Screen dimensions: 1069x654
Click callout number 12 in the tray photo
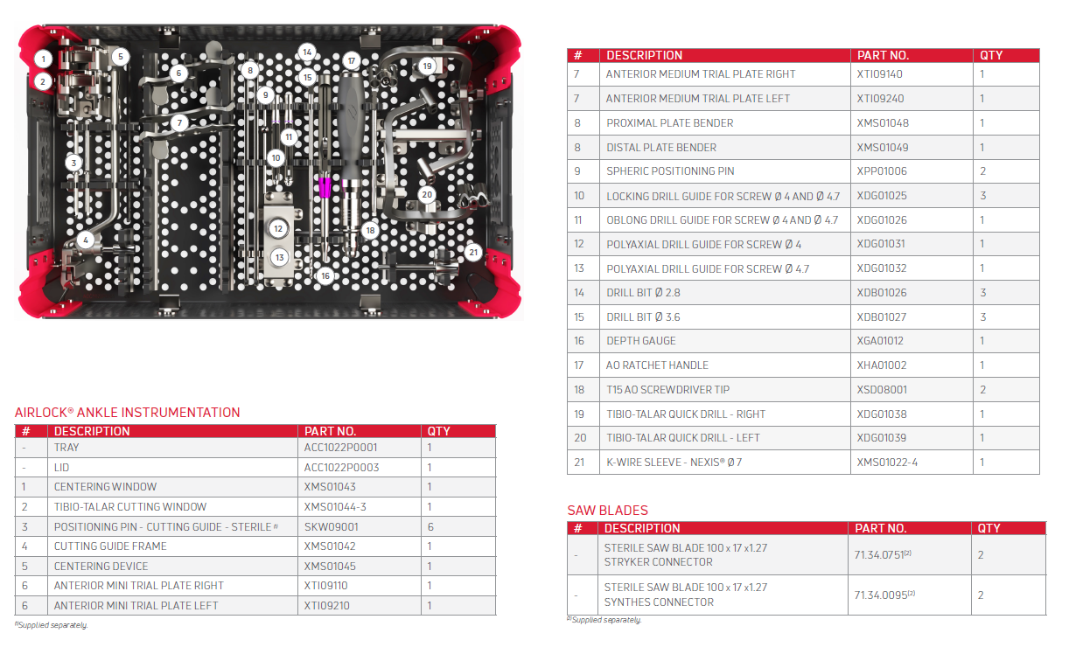coord(278,228)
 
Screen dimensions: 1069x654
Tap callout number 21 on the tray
coord(473,253)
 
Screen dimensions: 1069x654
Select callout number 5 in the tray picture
coord(120,57)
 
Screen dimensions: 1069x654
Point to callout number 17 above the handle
coord(352,61)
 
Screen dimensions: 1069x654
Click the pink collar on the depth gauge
coord(325,187)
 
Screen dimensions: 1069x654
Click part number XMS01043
coord(330,487)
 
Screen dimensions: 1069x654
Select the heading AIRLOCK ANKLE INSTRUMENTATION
coord(128,413)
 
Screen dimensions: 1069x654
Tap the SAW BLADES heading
coord(607,511)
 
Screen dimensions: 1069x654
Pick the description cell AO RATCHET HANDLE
coord(657,365)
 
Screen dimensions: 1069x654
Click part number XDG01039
coord(882,438)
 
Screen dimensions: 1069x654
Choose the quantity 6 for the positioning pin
coord(430,527)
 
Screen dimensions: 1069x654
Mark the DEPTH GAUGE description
coord(641,341)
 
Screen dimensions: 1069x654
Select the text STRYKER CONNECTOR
coord(658,562)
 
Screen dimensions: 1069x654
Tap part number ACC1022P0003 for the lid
coord(341,468)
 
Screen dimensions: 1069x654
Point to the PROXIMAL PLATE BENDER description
coord(669,123)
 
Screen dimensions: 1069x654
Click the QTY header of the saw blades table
coord(989,529)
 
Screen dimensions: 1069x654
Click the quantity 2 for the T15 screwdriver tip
coord(982,390)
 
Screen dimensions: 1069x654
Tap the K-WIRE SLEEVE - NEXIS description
coord(674,463)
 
